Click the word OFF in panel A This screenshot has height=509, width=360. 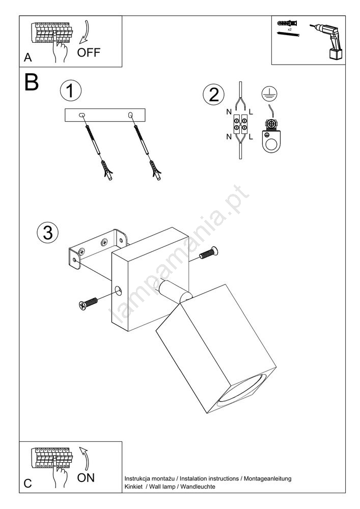pos(89,52)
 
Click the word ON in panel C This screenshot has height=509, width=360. pos(86,477)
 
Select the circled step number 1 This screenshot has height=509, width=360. pos(71,91)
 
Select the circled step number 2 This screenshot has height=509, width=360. pos(213,95)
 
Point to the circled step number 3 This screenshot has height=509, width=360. pos(48,233)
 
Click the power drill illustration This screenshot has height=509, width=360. pos(327,41)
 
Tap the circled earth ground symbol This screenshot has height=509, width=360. pos(269,94)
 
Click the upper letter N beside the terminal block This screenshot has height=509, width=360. pos(229,112)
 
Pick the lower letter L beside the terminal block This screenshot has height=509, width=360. pos(251,137)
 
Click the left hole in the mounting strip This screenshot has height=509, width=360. pos(81,115)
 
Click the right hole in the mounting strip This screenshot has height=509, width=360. pos(130,115)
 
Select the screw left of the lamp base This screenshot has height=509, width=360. pos(88,303)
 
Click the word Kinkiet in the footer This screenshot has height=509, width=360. pos(133,486)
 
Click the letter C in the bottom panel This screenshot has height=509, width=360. pos(28,484)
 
